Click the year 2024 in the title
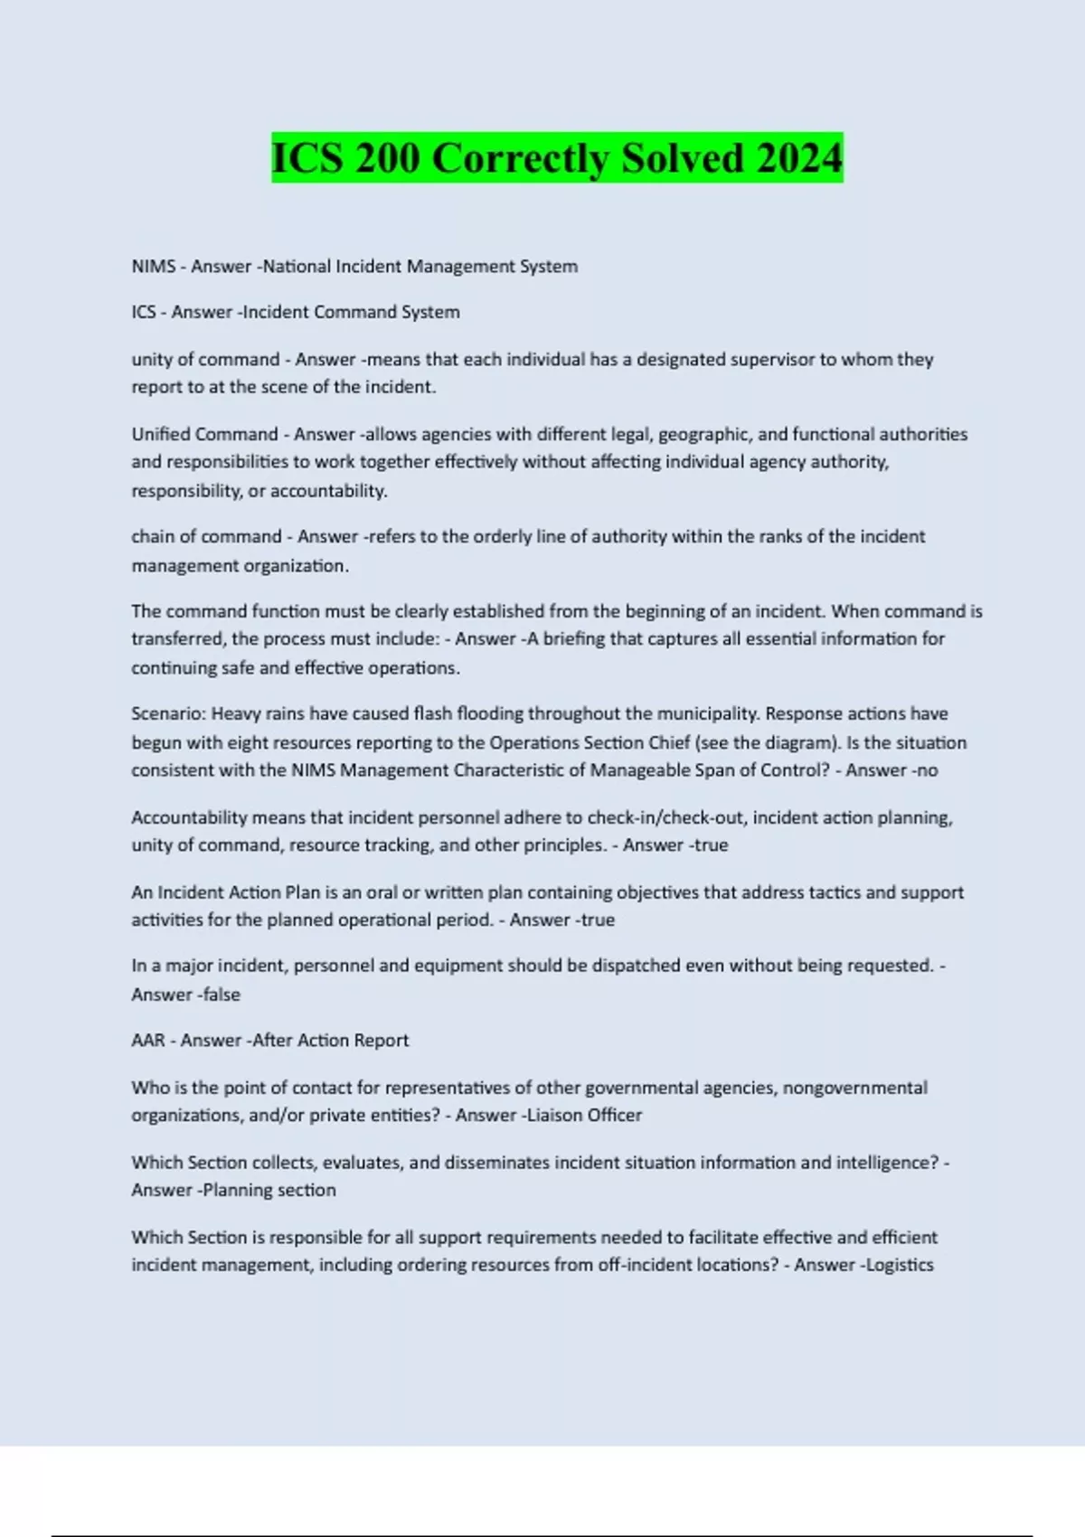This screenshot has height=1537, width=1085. (x=799, y=158)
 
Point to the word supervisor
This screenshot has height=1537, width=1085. (x=771, y=359)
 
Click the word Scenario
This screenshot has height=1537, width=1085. (x=168, y=713)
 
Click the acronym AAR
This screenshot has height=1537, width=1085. (x=148, y=1041)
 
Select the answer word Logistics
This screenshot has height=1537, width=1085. (x=900, y=1265)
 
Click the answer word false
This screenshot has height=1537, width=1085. (x=221, y=995)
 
